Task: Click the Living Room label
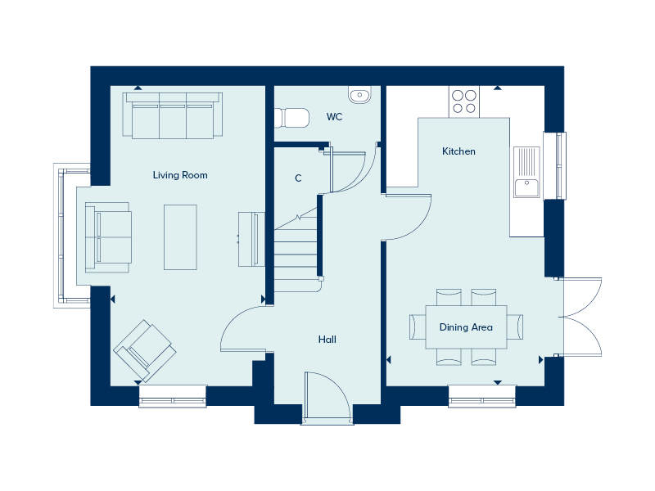pyautogui.click(x=180, y=175)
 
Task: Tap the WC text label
pyautogui.click(x=334, y=116)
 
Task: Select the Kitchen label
pyautogui.click(x=458, y=151)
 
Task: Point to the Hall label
pyautogui.click(x=327, y=340)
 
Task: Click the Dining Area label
pyautogui.click(x=466, y=327)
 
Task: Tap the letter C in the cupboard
pyautogui.click(x=298, y=178)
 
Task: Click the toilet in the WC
pyautogui.click(x=291, y=118)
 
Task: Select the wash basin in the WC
pyautogui.click(x=359, y=94)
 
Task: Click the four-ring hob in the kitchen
pyautogui.click(x=464, y=101)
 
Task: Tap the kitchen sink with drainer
pyautogui.click(x=526, y=172)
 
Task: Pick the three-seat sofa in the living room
pyautogui.click(x=173, y=115)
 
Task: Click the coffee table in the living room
pyautogui.click(x=180, y=237)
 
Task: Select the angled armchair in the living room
pyautogui.click(x=145, y=351)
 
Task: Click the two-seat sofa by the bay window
pyautogui.click(x=108, y=237)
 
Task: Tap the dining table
pyautogui.click(x=466, y=327)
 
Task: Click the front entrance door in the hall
pyautogui.click(x=327, y=397)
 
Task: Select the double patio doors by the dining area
pyautogui.click(x=580, y=317)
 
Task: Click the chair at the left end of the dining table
pyautogui.click(x=418, y=327)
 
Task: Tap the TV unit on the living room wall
pyautogui.click(x=251, y=239)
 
